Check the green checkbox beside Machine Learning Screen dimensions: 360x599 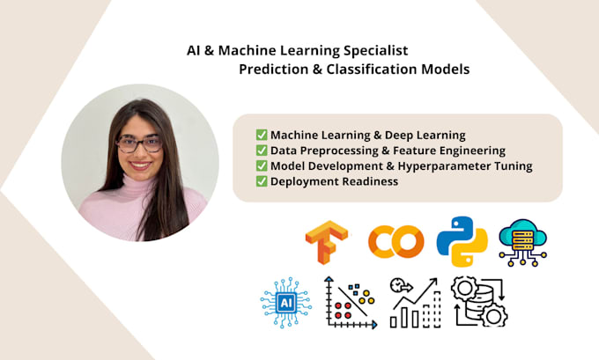(262, 135)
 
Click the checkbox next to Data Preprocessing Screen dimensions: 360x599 (262, 151)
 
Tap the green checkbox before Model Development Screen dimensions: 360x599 (262, 165)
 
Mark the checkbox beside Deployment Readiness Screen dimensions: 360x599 (262, 181)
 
